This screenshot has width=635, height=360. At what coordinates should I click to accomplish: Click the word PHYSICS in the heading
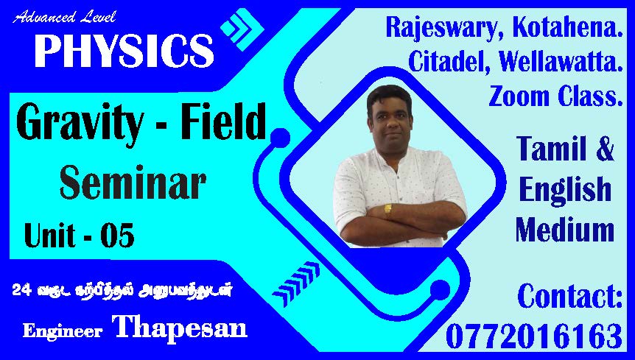click(124, 51)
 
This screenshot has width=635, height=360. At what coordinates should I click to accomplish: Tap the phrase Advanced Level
click(64, 18)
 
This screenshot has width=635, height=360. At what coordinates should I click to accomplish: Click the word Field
click(223, 121)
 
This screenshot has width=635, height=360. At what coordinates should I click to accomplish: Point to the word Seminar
click(133, 182)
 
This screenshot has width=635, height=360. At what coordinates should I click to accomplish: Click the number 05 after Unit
click(117, 236)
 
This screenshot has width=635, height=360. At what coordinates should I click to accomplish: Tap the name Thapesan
click(180, 326)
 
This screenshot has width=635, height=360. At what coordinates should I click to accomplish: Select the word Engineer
click(63, 331)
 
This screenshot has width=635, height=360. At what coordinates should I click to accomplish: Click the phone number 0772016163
click(534, 336)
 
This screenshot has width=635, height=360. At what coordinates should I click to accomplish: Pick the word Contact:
click(569, 296)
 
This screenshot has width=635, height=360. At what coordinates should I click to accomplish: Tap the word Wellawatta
click(561, 62)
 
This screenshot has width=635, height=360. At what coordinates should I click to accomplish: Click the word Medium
click(565, 230)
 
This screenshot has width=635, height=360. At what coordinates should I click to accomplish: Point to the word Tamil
click(552, 149)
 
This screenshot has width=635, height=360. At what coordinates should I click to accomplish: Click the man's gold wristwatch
click(388, 210)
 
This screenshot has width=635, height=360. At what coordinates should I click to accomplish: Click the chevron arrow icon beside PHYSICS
click(242, 29)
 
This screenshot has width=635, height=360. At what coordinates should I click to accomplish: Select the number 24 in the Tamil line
click(22, 289)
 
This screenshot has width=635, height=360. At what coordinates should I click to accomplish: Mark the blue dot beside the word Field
click(280, 138)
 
